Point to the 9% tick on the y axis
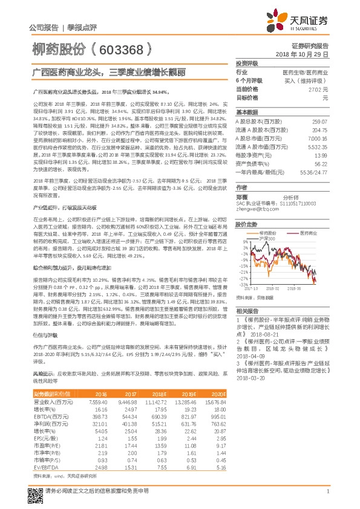(x=244, y=242)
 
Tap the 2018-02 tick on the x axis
(x=273, y=289)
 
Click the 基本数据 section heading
(x=246, y=113)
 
